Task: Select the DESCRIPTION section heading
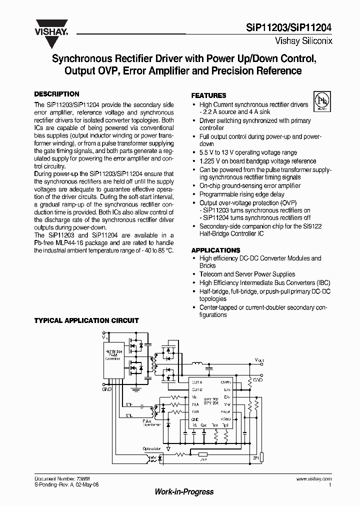56,94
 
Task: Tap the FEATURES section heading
209,95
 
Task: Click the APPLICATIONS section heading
215,250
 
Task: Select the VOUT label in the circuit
259,360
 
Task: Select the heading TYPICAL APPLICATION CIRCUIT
86,320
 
